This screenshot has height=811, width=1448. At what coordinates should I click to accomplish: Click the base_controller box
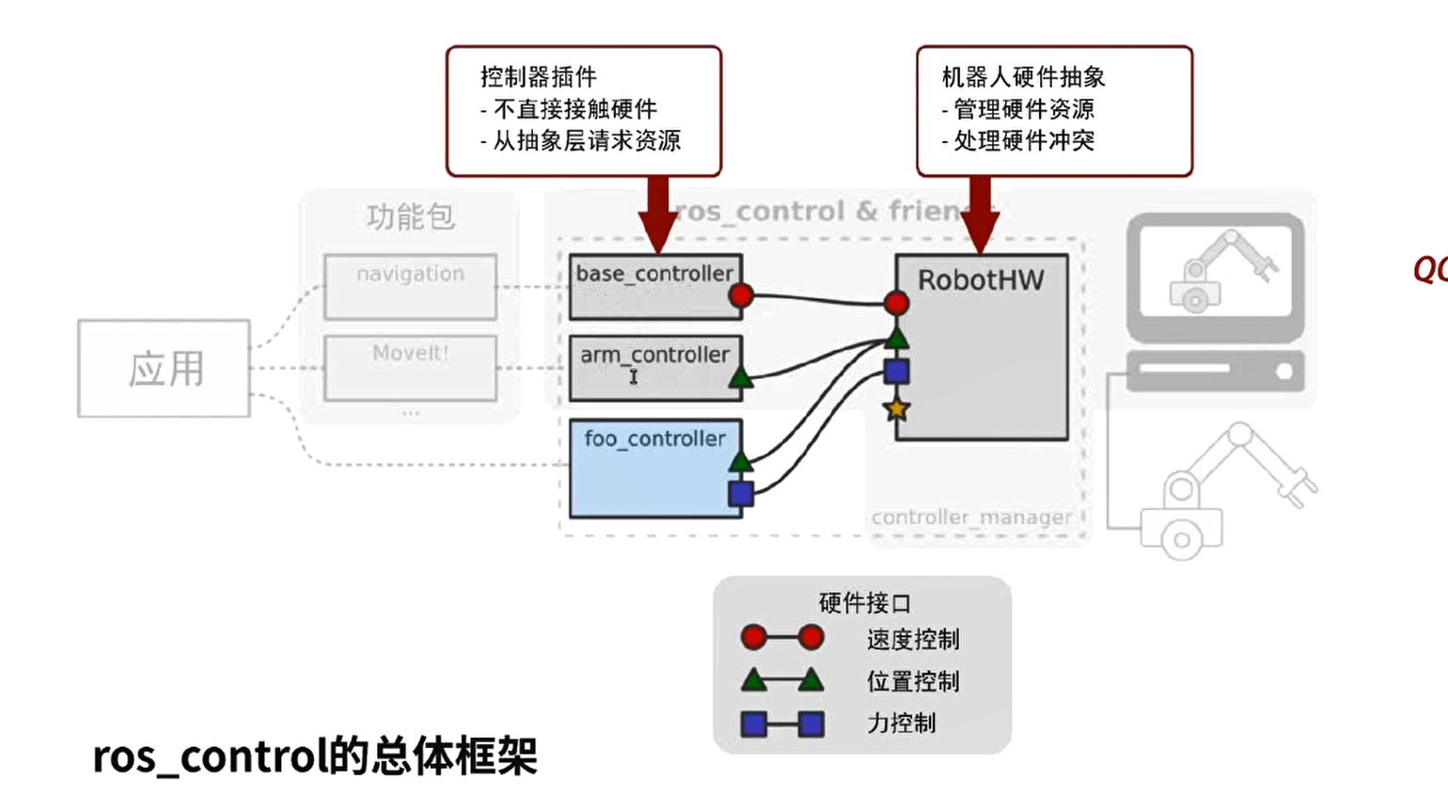[655, 287]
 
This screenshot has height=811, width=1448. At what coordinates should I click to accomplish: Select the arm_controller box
[655, 368]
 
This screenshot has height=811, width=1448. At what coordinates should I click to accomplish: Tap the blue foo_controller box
[655, 469]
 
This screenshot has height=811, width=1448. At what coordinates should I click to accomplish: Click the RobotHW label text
[981, 280]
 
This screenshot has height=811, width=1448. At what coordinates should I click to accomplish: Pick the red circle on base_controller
[741, 296]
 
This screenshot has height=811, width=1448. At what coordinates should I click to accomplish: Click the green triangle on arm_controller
[741, 379]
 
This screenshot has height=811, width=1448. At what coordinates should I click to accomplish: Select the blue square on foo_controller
[741, 493]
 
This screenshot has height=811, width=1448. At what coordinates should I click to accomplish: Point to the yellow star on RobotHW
[896, 409]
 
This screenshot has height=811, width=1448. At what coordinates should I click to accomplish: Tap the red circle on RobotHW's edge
[896, 303]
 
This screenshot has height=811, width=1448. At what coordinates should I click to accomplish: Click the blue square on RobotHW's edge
[896, 371]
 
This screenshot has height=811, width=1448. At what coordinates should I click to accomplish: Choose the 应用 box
[165, 369]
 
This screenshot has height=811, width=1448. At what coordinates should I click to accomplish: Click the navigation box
[410, 286]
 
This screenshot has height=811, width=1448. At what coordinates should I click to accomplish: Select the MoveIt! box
[410, 368]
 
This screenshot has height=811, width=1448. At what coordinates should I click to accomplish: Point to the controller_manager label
[971, 517]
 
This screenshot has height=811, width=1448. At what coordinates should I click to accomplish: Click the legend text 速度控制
[913, 640]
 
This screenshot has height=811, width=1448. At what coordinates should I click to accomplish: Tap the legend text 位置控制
[913, 681]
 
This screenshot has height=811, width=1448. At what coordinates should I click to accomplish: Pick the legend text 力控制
[901, 723]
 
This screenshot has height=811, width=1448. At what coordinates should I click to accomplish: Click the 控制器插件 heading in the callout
[538, 77]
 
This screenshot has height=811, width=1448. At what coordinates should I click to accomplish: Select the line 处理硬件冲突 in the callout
[1023, 141]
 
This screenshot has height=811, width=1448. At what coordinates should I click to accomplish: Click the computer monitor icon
[1216, 275]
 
